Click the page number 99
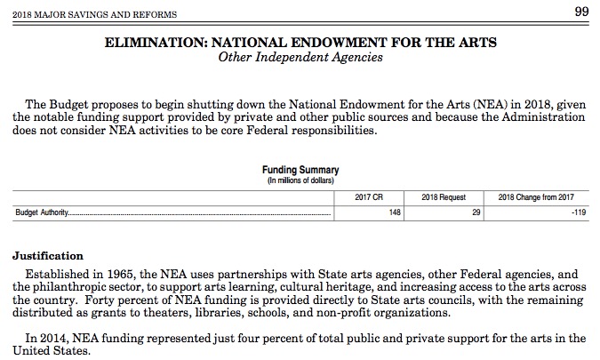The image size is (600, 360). coord(581,11)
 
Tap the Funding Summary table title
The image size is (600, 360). coord(300,170)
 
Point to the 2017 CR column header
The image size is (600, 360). coord(368,196)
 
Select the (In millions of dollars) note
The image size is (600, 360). coord(300,180)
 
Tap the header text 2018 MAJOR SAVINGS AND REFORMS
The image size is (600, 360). coord(88,13)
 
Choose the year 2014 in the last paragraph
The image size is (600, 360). coord(54,339)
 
